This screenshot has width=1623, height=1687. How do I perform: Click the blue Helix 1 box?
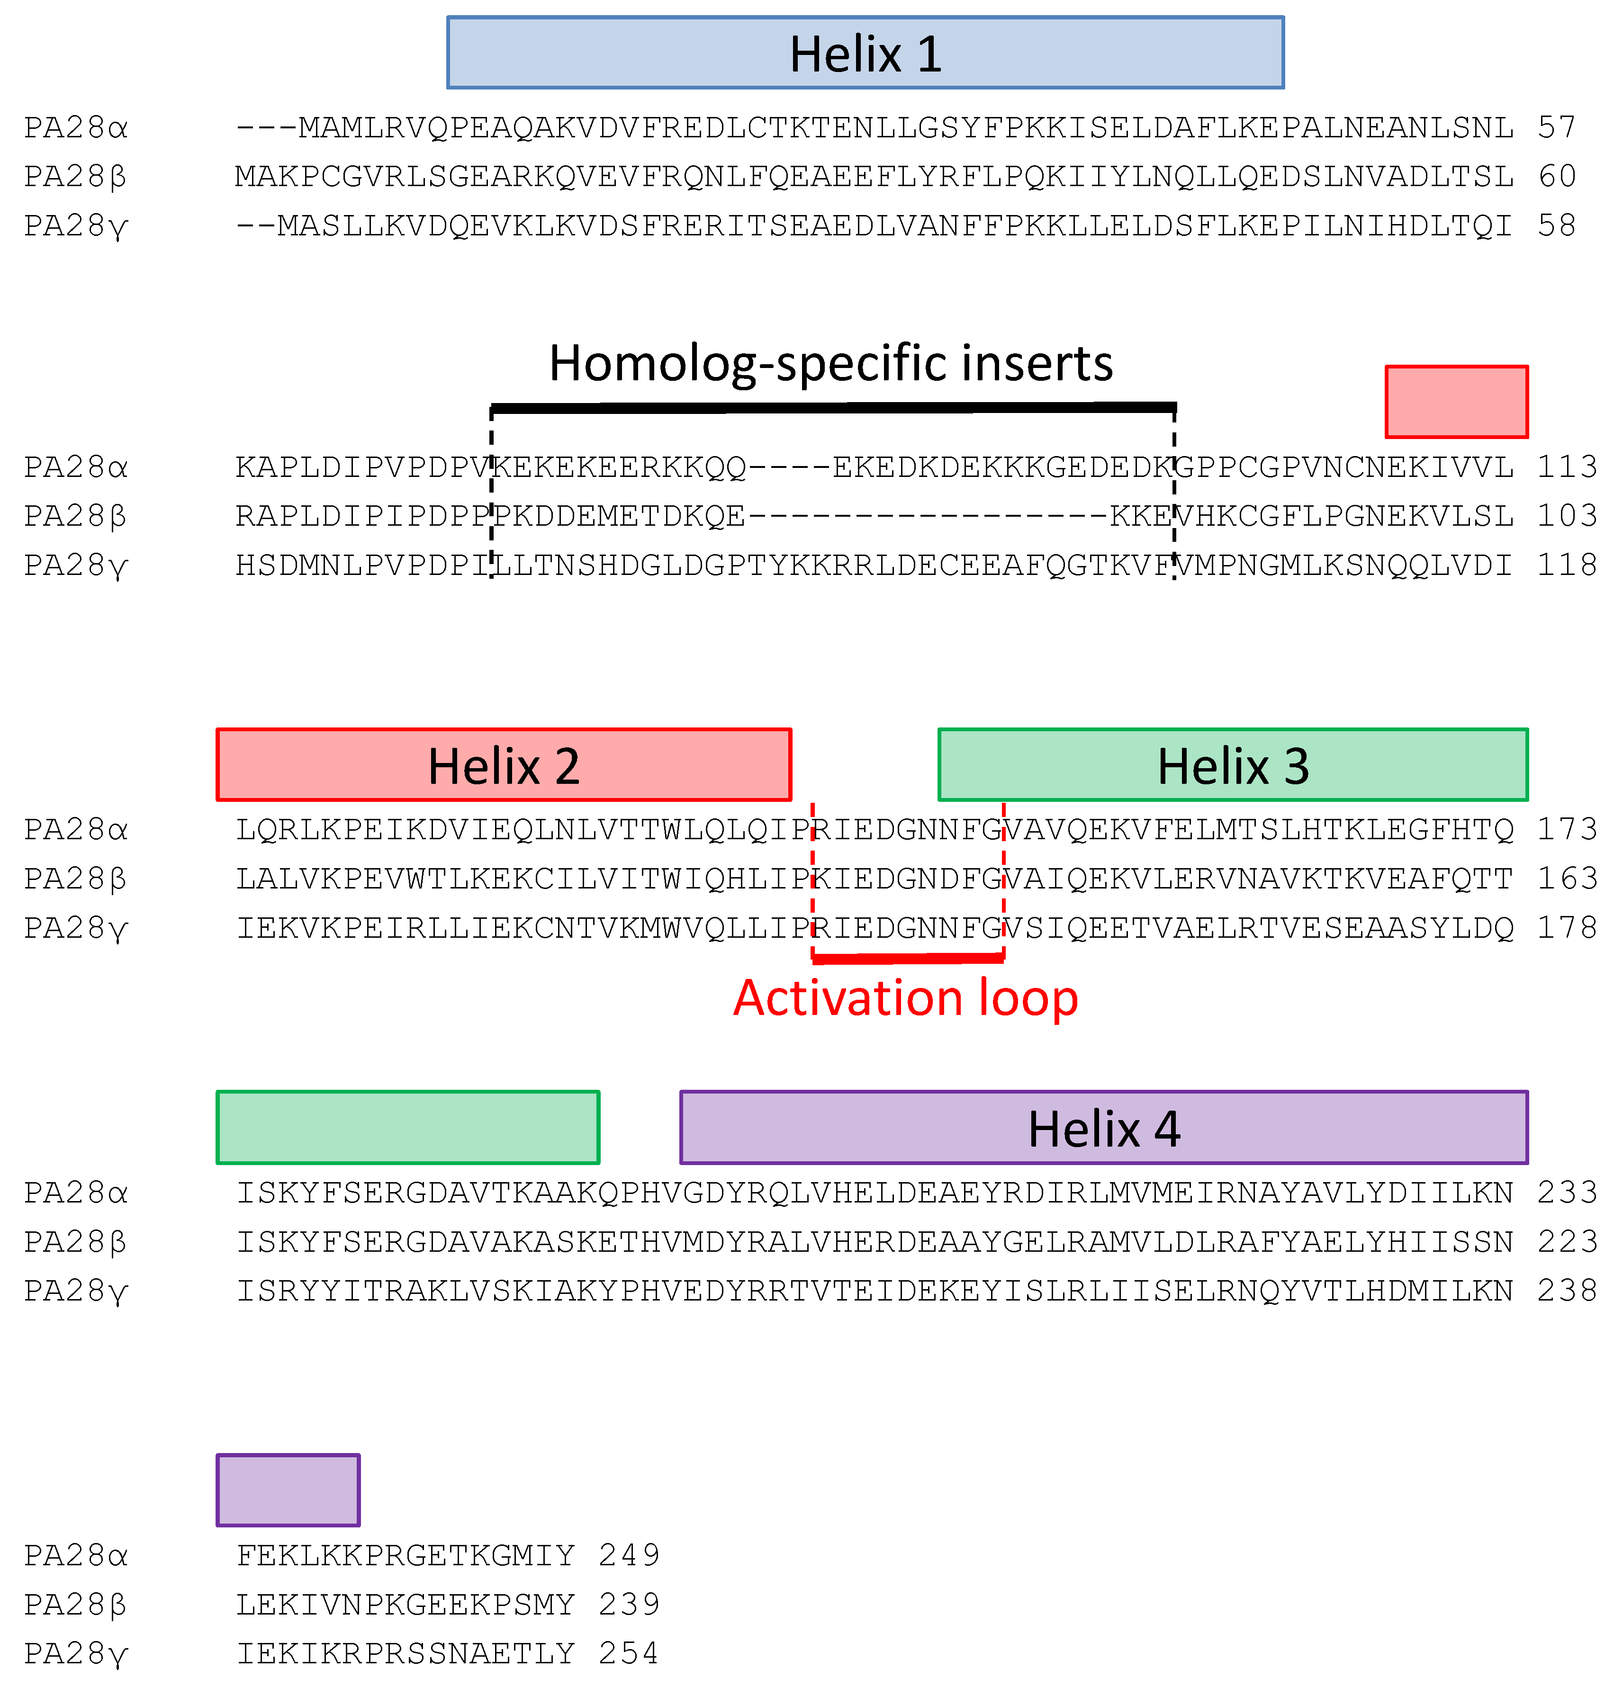pos(866,53)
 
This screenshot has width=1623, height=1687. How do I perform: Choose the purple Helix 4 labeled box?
pos(1104,1128)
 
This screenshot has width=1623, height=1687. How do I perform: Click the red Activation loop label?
pos(906,998)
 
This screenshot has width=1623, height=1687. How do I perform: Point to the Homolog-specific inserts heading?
pos(831,363)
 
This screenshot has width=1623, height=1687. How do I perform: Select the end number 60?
pos(1557,177)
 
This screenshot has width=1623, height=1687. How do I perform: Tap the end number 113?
pos(1567,467)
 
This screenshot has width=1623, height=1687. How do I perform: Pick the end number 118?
pos(1567,565)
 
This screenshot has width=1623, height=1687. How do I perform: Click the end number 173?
pos(1567,830)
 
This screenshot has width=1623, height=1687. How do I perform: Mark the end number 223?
pos(1567,1242)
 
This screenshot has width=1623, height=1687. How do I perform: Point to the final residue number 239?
pos(630,1605)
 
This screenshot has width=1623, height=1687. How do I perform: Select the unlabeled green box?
pos(408,1128)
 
